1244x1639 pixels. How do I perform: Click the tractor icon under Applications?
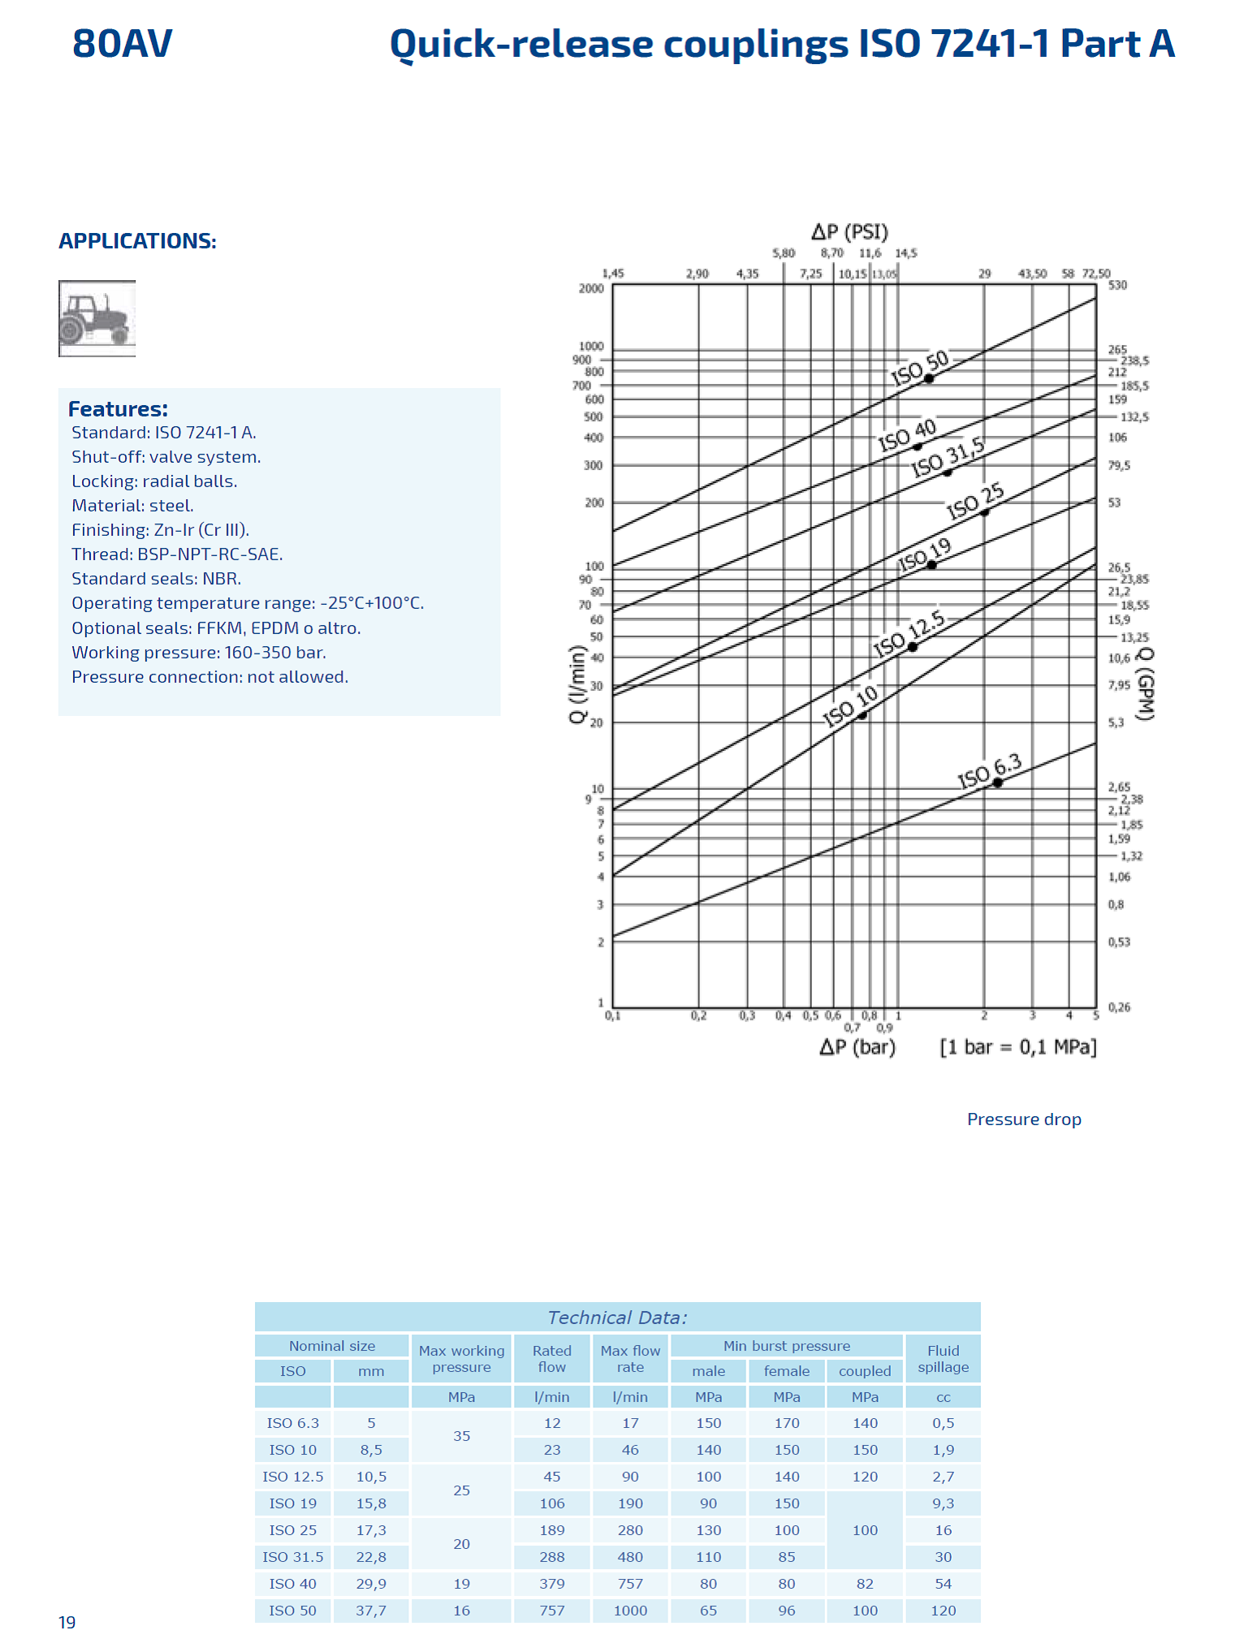(97, 318)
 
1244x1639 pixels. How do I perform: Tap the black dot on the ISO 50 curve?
(929, 378)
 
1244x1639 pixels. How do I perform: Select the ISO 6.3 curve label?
(988, 770)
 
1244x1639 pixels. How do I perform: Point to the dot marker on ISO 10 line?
(862, 715)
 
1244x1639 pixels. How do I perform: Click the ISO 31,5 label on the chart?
(947, 457)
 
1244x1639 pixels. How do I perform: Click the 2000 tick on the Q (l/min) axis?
(591, 288)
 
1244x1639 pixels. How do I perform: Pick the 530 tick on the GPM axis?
(1117, 285)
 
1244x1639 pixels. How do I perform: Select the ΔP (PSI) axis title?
(849, 232)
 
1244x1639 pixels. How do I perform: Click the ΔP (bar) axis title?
(857, 1047)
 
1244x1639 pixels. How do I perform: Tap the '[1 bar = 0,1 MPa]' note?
(1017, 1047)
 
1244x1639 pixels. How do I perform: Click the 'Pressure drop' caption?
(1023, 1119)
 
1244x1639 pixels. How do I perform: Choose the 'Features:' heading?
(118, 409)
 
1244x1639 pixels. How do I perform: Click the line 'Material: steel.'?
(132, 506)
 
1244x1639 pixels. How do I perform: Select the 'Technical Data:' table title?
(617, 1318)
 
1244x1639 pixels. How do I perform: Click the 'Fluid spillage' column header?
(943, 1359)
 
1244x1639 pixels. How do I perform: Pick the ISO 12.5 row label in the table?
(292, 1477)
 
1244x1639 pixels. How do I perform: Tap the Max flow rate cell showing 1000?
(630, 1611)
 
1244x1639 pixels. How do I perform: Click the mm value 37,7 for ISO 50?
(371, 1611)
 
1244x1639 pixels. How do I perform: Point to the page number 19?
(67, 1623)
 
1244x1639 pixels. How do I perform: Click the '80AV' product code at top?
(123, 44)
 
